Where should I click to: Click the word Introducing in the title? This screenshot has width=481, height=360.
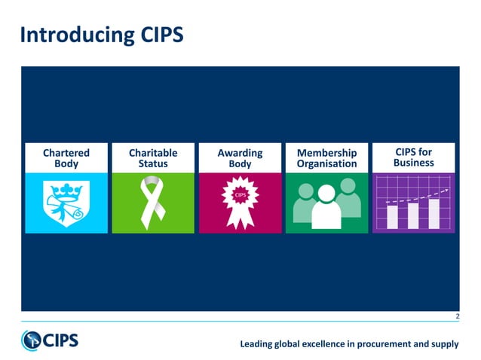[68, 35]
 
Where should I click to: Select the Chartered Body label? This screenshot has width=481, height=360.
[66, 158]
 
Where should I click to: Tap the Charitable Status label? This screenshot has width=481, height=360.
[153, 158]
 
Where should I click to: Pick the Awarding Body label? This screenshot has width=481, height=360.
[240, 158]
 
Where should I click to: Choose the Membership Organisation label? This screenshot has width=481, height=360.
[326, 158]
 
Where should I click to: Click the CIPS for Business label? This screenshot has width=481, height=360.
[413, 157]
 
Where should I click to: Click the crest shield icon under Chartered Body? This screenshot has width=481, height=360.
[66, 202]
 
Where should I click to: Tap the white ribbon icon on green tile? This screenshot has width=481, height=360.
[152, 202]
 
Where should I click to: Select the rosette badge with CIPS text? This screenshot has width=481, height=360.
[240, 200]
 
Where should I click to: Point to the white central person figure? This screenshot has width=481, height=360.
[326, 207]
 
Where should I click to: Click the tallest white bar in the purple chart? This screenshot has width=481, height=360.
[433, 212]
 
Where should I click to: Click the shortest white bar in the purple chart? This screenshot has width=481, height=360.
[392, 216]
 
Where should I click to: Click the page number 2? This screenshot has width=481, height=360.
[456, 317]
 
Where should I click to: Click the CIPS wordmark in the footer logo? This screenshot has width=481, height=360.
[60, 340]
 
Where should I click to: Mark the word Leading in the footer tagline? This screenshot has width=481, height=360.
[256, 344]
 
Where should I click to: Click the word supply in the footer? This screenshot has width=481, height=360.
[443, 344]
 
